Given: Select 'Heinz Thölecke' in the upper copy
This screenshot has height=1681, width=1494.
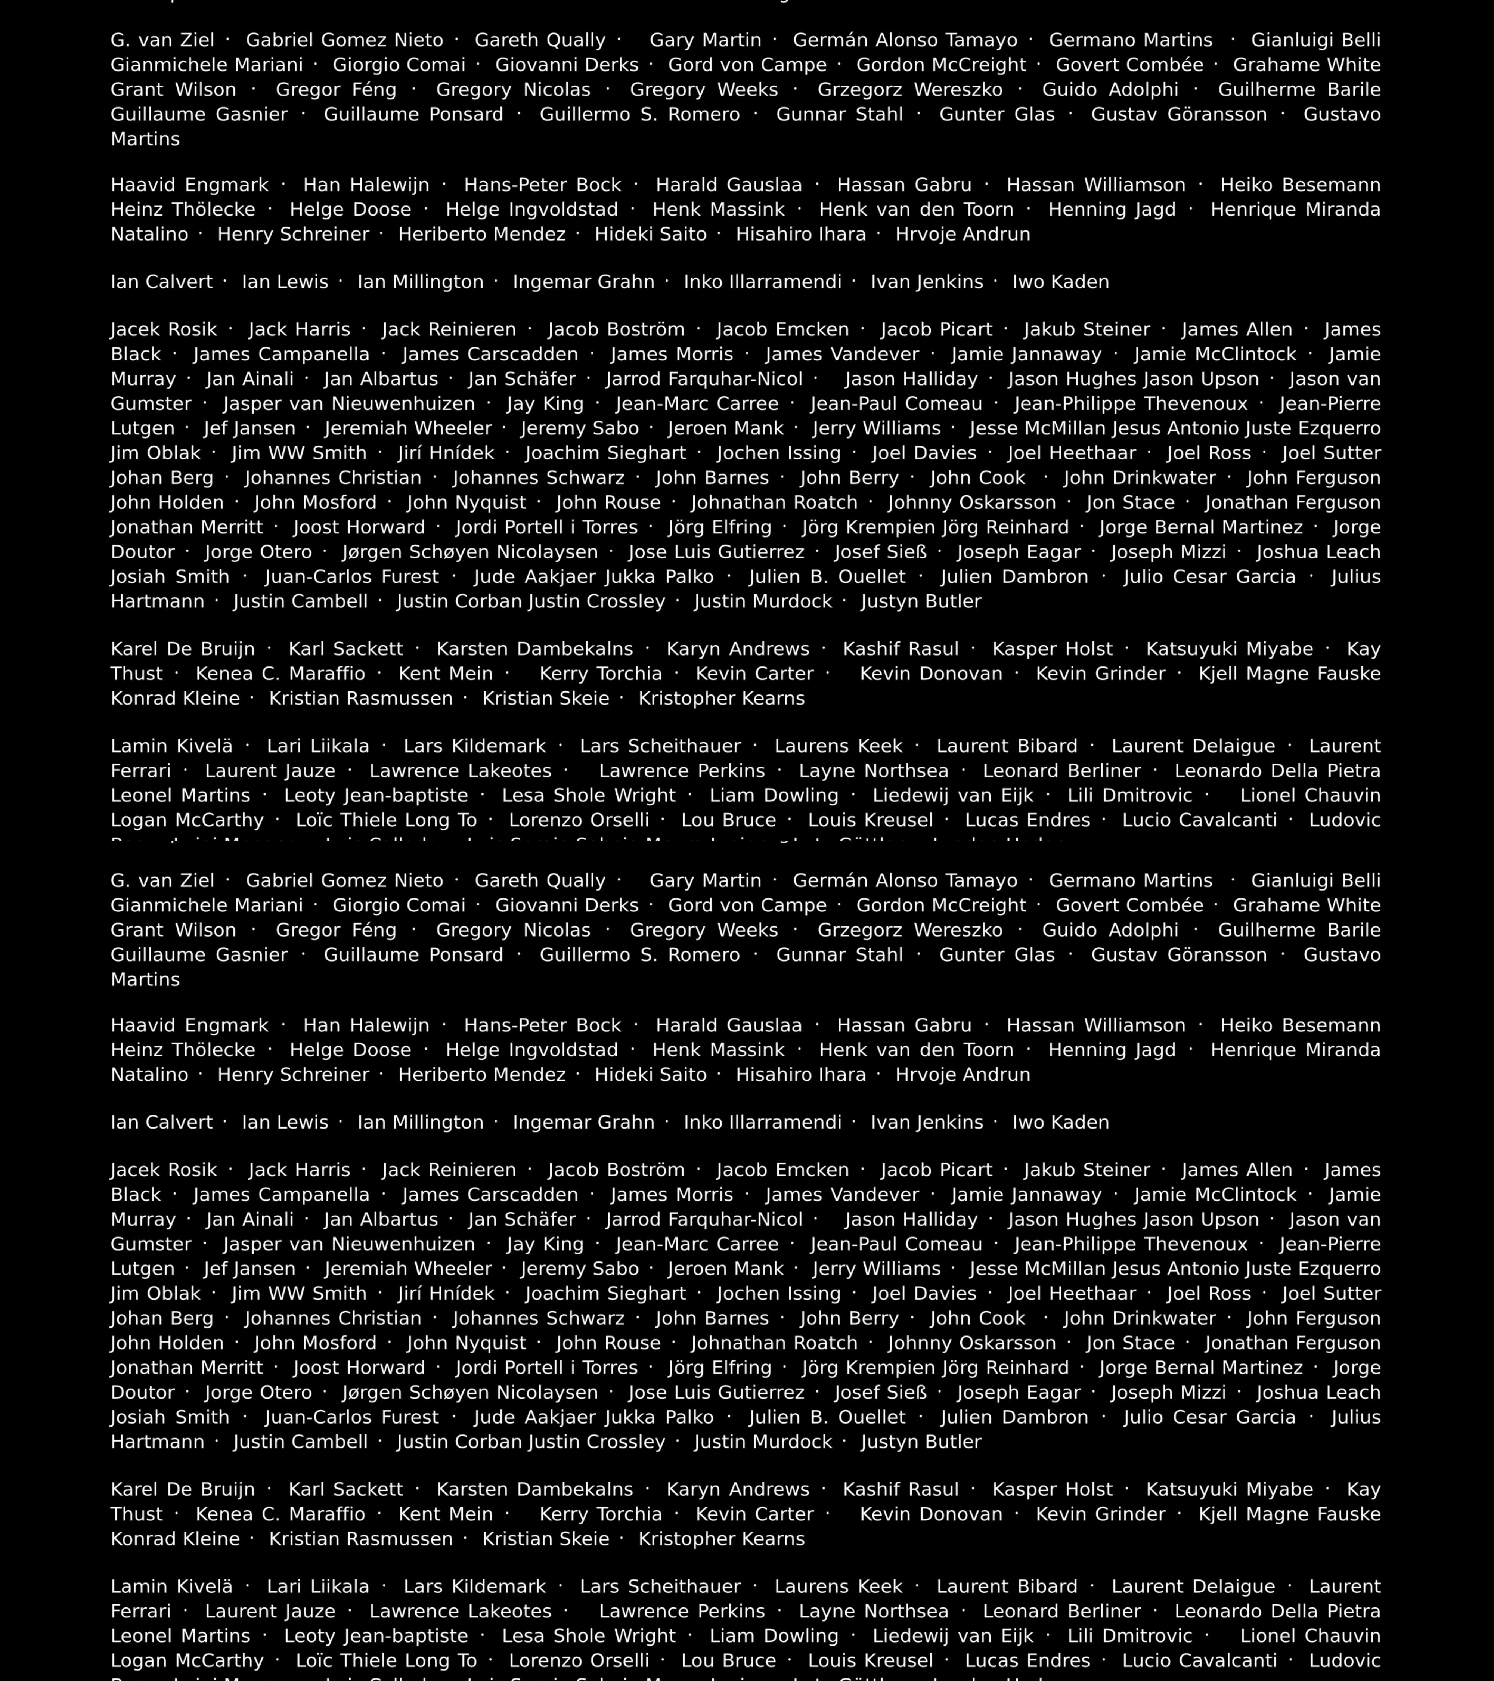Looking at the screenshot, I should coord(183,210).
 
